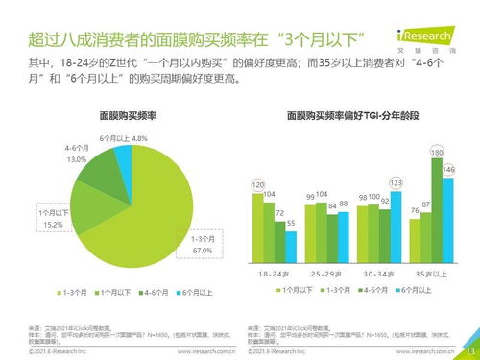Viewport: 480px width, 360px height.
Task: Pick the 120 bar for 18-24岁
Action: coord(257,226)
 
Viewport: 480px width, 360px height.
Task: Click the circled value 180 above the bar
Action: coord(437,153)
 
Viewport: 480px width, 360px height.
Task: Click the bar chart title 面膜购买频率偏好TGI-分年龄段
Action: coord(352,115)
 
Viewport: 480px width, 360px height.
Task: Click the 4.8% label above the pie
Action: coord(139,138)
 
